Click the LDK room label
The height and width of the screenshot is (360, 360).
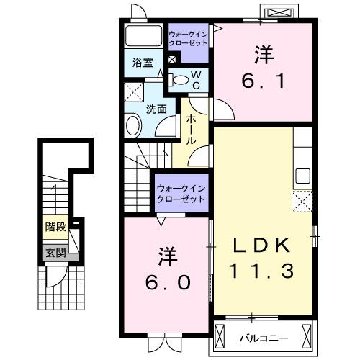click(262, 245)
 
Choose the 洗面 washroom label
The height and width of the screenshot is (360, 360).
click(157, 109)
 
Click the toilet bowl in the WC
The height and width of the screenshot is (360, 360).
click(180, 80)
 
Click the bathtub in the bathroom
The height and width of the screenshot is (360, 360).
click(144, 37)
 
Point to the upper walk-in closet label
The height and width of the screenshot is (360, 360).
click(188, 37)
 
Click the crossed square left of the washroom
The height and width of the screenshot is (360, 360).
click(132, 92)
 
